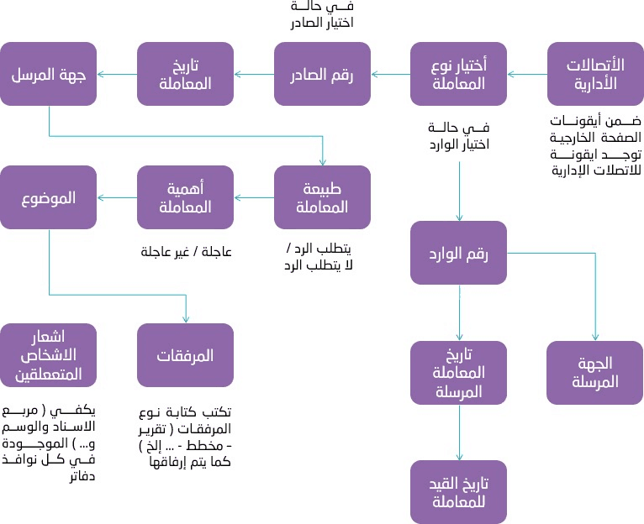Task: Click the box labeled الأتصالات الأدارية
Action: tap(595, 74)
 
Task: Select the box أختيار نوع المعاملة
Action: tap(458, 74)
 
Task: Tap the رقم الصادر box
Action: tap(322, 74)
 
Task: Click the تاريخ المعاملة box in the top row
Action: tap(185, 74)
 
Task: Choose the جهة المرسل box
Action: tap(48, 74)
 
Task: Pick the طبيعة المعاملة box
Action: tap(322, 197)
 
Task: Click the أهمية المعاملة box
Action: tap(185, 197)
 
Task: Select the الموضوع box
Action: tap(48, 197)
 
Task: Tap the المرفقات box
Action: tap(185, 355)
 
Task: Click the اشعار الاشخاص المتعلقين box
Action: tap(48, 355)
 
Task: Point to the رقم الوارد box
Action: tap(458, 252)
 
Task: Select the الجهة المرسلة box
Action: tap(595, 372)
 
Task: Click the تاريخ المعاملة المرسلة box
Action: tap(458, 372)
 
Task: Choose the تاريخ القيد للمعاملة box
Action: tap(458, 491)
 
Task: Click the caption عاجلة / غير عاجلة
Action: tap(185, 251)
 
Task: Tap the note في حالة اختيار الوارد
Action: tap(458, 135)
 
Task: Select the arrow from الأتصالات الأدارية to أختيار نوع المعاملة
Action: tap(526, 75)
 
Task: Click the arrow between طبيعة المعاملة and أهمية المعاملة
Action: tap(253, 198)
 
